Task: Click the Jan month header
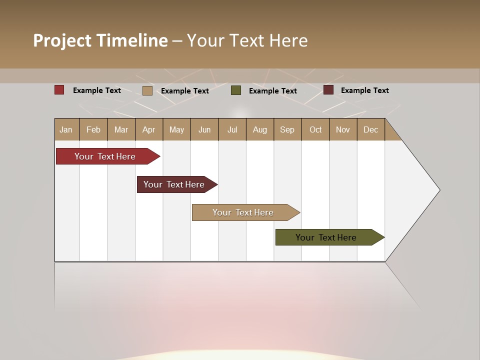(66, 129)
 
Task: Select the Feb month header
(93, 129)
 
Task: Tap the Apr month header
(149, 129)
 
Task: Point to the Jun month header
(204, 129)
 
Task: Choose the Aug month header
(260, 129)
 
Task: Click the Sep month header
(287, 129)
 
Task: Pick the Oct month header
(315, 129)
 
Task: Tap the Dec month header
(371, 129)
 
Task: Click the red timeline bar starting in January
(105, 156)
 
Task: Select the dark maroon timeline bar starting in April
(174, 184)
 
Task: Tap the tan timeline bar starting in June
(243, 212)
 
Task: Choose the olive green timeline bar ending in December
(326, 237)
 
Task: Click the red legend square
(59, 90)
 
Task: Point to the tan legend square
(147, 90)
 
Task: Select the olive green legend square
(236, 90)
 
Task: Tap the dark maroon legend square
(328, 90)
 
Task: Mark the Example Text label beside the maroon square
(364, 90)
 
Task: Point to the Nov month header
(343, 129)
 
